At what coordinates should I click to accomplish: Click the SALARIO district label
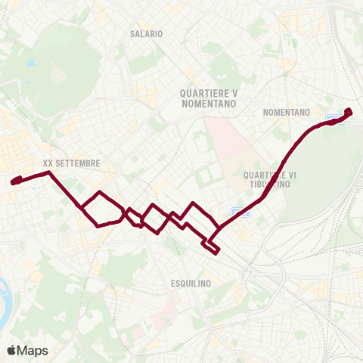[146, 34]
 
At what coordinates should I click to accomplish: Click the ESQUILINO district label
[185, 283]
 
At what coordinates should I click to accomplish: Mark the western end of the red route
[14, 181]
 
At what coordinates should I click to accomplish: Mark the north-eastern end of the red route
[349, 111]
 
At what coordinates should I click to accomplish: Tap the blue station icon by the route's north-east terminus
[332, 119]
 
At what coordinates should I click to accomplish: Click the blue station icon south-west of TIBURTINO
[238, 211]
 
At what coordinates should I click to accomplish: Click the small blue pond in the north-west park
[29, 64]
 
